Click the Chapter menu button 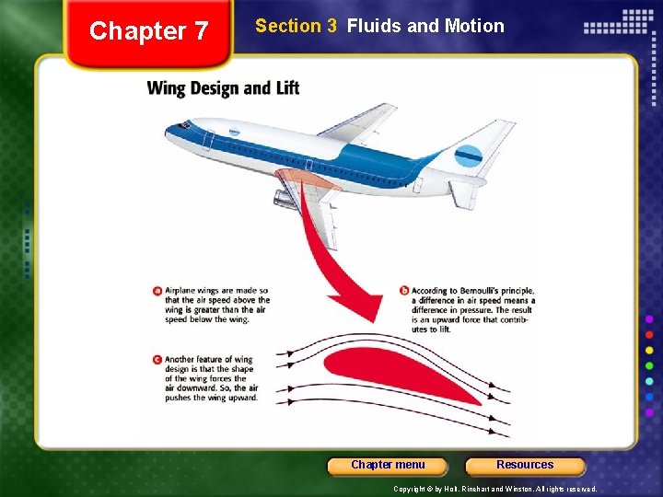[x=388, y=466]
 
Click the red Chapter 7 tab [x=148, y=32]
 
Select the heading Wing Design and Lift [x=223, y=89]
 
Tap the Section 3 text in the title [x=296, y=26]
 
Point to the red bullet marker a [x=157, y=292]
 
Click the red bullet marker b [x=404, y=292]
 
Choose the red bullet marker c [x=157, y=360]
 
